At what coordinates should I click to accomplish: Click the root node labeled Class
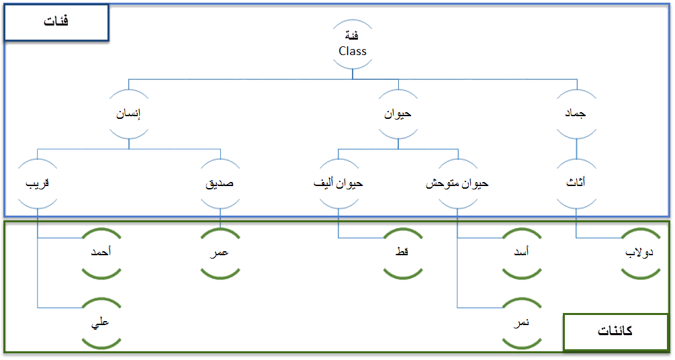tap(353, 44)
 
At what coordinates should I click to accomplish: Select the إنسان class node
tap(129, 114)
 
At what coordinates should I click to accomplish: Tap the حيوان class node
tap(398, 114)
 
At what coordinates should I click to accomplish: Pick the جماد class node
tap(576, 114)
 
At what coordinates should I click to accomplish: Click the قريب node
tap(38, 183)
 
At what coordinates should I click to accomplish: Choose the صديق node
tap(220, 183)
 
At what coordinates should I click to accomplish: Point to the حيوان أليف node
tap(339, 183)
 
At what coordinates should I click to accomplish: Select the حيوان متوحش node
tap(457, 183)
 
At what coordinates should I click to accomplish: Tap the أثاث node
tap(576, 183)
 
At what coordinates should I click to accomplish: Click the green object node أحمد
tap(101, 252)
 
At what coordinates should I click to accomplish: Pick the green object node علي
tap(101, 322)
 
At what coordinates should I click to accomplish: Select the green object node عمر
tap(220, 252)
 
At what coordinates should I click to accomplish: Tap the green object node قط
tap(402, 252)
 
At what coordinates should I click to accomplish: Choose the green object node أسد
tap(522, 252)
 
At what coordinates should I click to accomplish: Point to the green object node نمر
tap(522, 322)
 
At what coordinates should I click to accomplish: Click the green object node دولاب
tap(640, 252)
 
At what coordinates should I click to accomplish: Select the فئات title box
tap(56, 22)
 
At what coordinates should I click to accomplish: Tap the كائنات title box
tap(616, 332)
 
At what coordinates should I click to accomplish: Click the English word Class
tap(353, 51)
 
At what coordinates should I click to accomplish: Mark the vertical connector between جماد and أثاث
tap(576, 149)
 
